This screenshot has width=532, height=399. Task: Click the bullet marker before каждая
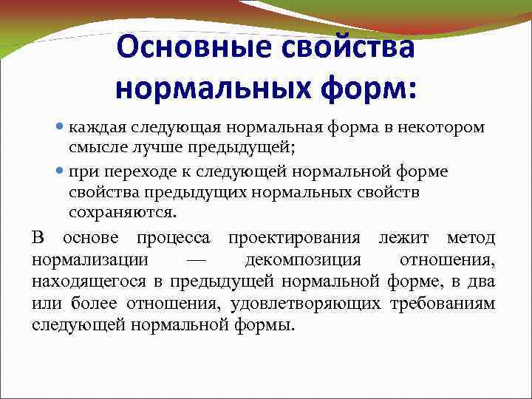click(x=61, y=127)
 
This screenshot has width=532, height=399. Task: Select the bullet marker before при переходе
click(x=61, y=171)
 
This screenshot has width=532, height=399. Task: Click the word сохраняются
click(x=123, y=213)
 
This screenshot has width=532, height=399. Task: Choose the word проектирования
click(x=294, y=238)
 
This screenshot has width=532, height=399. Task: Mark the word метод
click(x=471, y=238)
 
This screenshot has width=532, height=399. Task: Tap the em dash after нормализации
click(x=197, y=260)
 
